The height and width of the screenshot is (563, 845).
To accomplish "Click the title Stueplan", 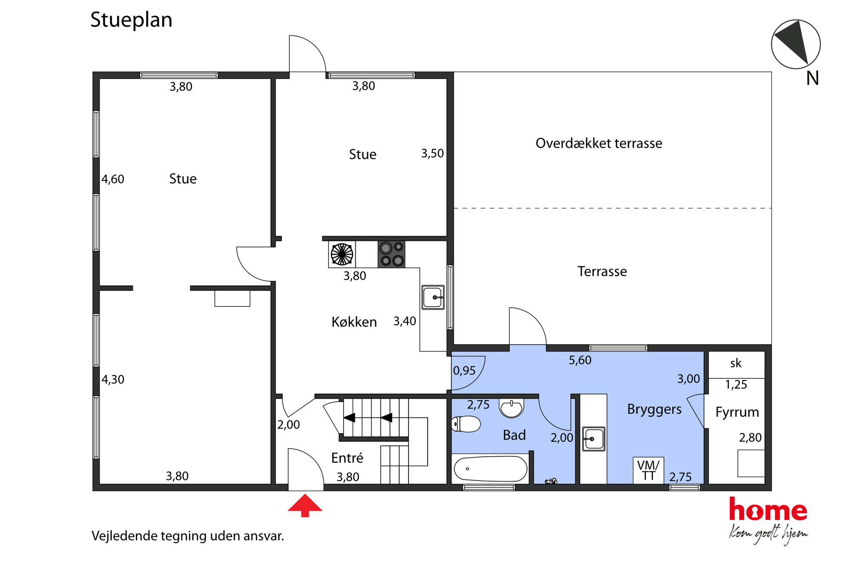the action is (131, 20).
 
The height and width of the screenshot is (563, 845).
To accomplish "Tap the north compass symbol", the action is (796, 44).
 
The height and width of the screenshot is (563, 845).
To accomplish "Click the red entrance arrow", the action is (305, 505).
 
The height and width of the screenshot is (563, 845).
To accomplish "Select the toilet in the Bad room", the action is (466, 424).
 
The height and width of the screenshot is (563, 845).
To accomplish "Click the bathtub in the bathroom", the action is (491, 469).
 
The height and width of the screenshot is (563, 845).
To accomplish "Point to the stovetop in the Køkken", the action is (391, 254).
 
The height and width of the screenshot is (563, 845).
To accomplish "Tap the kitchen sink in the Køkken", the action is (433, 297).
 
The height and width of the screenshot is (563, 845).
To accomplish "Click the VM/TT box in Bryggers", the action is (648, 470).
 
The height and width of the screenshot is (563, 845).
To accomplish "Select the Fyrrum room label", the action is (737, 412).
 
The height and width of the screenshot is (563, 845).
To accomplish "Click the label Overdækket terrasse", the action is (599, 143).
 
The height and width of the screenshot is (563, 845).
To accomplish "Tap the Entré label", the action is (347, 458).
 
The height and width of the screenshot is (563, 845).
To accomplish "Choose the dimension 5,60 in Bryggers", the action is (580, 360).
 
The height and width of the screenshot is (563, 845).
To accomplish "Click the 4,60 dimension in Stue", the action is (113, 179).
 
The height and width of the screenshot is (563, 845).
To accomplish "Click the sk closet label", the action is (736, 363).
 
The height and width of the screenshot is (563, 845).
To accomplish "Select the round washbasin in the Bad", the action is (511, 408).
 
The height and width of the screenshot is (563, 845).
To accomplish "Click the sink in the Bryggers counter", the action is (593, 439).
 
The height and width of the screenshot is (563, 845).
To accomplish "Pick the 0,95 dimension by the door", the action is (464, 371).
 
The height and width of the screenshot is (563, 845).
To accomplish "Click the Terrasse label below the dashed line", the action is (602, 271).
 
